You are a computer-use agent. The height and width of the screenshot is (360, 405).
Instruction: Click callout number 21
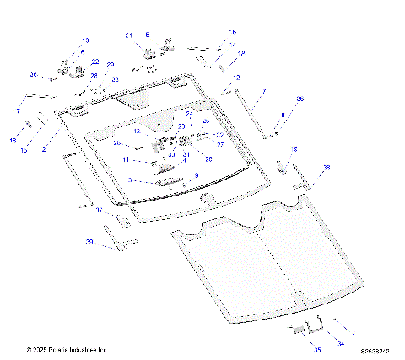pyautogui.click(x=129, y=35)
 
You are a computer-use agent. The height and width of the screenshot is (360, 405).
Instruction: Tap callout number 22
pyautogui.click(x=94, y=62)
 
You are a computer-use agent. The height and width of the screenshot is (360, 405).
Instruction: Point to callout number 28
pyautogui.click(x=94, y=76)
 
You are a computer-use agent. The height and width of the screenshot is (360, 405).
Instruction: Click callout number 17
pyautogui.click(x=16, y=111)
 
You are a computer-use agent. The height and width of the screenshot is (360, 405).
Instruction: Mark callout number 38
pyautogui.click(x=327, y=169)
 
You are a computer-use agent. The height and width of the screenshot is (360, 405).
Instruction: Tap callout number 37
pyautogui.click(x=98, y=210)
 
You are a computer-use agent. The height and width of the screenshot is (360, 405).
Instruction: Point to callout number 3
pyautogui.click(x=130, y=180)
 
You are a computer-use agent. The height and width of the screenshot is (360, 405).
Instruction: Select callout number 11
pyautogui.click(x=126, y=159)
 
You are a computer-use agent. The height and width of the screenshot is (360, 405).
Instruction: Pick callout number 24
pyautogui.click(x=190, y=113)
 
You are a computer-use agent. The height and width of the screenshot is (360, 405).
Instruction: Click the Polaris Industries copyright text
pyautogui.click(x=67, y=349)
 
